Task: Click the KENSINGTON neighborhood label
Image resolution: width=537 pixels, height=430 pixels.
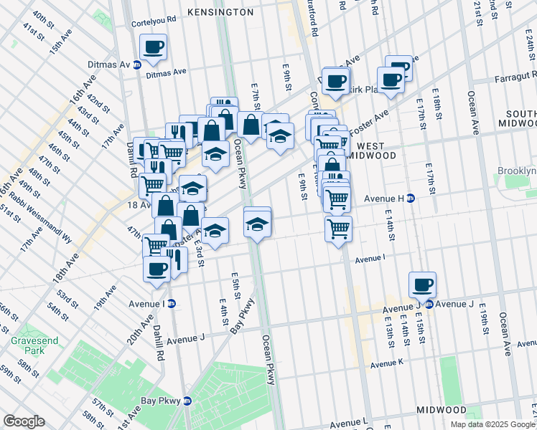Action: (220, 12)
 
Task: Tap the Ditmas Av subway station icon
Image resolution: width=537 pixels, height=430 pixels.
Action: (136, 64)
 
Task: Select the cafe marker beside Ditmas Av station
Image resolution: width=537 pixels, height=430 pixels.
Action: (153, 48)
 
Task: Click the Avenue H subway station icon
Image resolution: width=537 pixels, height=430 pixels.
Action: (411, 199)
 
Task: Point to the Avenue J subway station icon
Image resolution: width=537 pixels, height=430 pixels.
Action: (429, 304)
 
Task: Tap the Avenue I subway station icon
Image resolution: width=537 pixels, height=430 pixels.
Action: (172, 304)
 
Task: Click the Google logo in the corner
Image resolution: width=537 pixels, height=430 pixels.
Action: (24, 421)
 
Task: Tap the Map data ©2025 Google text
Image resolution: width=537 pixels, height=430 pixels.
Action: (492, 424)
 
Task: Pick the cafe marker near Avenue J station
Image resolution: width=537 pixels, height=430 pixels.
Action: (422, 285)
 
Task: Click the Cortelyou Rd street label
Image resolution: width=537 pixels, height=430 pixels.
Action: (154, 22)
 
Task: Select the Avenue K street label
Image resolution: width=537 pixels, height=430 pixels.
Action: (388, 364)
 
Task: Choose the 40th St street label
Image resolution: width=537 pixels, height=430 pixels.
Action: (44, 17)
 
